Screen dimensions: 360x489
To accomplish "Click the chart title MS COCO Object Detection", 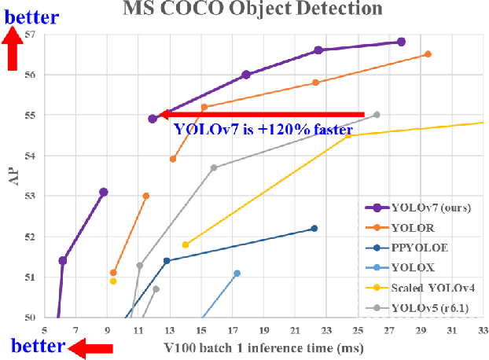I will pos(252,9).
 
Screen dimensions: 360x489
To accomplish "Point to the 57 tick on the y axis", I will pos(30,35).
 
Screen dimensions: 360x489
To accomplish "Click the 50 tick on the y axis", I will pos(30,318).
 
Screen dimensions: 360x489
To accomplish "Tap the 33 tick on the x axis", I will pos(481,330).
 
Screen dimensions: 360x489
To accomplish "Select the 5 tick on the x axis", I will pos(45,330).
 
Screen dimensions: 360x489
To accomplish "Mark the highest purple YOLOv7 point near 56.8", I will pos(401,42).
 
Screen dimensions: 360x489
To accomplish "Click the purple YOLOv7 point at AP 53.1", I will pos(103,192).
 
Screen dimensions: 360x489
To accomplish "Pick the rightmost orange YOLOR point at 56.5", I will pos(428,54).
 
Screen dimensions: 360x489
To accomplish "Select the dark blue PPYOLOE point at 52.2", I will pos(314,228).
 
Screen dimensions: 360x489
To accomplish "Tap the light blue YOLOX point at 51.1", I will pos(237,273).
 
